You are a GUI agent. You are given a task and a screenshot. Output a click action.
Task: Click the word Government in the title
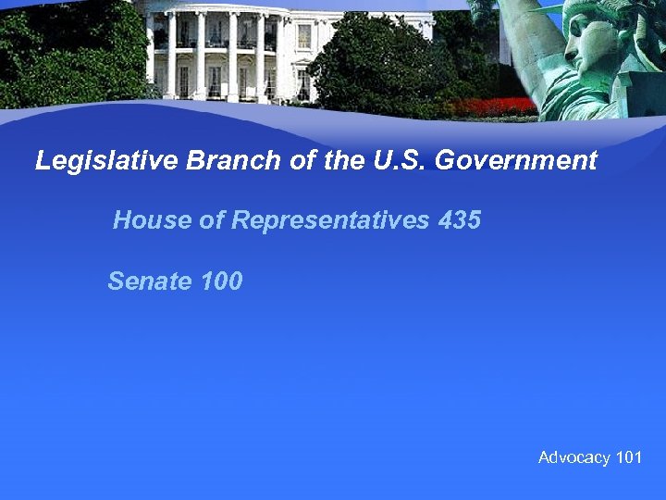coord(516,161)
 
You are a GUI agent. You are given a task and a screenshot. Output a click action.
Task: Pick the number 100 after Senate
coord(221,281)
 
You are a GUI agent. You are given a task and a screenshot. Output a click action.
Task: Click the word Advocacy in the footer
coord(573,457)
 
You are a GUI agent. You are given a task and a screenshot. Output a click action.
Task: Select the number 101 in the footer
coord(629,457)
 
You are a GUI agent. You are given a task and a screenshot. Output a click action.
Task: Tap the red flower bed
coord(499,106)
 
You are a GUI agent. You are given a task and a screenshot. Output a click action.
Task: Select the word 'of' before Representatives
coord(213,220)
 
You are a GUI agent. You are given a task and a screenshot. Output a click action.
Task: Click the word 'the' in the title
coord(344,161)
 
